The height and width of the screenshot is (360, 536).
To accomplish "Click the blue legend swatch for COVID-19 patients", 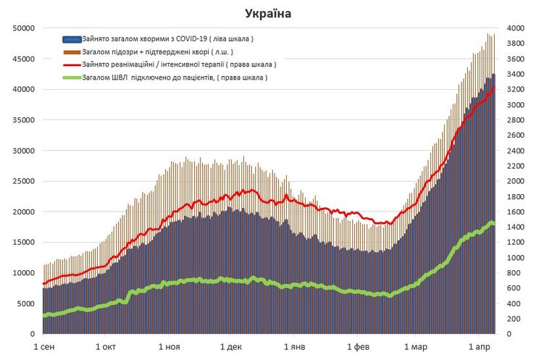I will coord(72,38).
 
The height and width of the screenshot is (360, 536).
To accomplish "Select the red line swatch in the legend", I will coord(72,64).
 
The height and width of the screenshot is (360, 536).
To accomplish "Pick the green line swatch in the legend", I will coord(72,78).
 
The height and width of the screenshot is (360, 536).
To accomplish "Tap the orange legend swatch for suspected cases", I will coord(72,51).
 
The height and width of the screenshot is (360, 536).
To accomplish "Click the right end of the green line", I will coord(494,224).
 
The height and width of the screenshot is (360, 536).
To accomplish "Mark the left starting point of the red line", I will coord(43,283).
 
